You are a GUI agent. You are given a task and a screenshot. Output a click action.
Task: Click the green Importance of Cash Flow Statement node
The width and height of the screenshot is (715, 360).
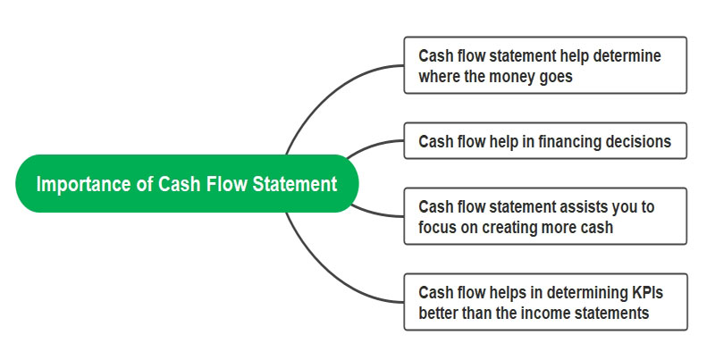(x=187, y=184)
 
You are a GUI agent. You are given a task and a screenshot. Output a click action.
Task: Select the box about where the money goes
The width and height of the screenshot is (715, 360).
(x=545, y=65)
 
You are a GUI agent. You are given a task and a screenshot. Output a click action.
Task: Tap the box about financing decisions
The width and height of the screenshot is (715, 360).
(x=545, y=141)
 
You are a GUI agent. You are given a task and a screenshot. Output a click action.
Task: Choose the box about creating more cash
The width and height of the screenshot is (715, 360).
(x=545, y=217)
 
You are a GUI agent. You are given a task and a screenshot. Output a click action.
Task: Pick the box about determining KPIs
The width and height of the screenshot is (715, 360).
(x=545, y=301)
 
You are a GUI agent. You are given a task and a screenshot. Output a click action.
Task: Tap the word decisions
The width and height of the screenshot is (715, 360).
(x=638, y=141)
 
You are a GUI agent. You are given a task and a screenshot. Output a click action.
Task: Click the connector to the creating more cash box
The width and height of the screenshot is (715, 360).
(x=375, y=213)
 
